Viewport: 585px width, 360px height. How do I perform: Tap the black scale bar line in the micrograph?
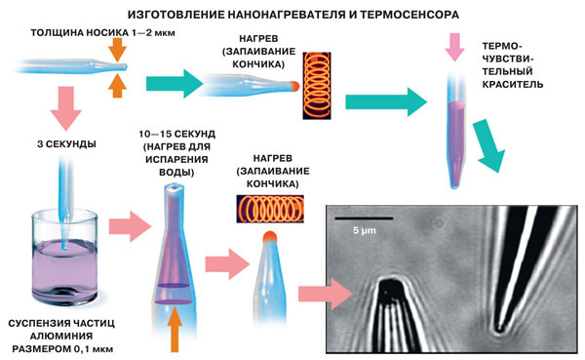point(365,218)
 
